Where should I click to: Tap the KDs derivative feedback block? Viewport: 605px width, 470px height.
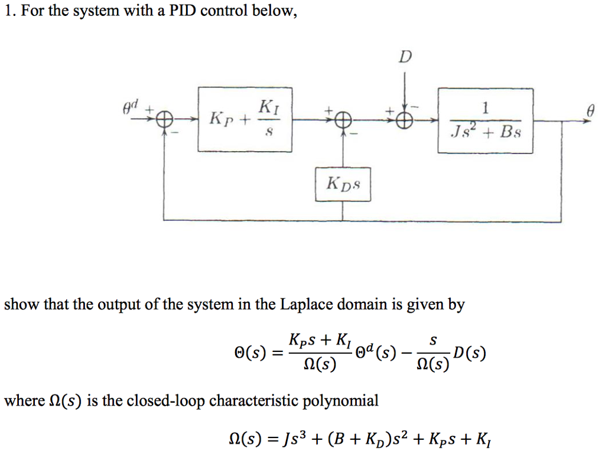[343, 185]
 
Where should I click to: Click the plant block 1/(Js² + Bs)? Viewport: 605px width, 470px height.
[485, 120]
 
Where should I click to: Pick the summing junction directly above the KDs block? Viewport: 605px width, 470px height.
[343, 120]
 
